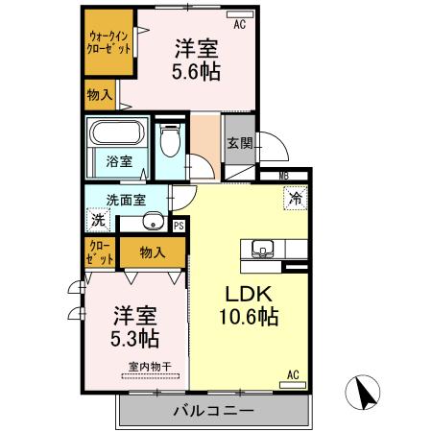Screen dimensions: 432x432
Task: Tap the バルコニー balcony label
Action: coord(213,411)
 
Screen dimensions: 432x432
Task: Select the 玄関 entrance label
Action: coord(239,144)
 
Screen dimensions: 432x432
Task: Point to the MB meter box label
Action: coord(283,175)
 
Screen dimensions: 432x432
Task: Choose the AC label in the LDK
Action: coord(294,374)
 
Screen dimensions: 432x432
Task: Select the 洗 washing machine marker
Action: coord(98,220)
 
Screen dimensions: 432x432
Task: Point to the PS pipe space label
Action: coord(179,226)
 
